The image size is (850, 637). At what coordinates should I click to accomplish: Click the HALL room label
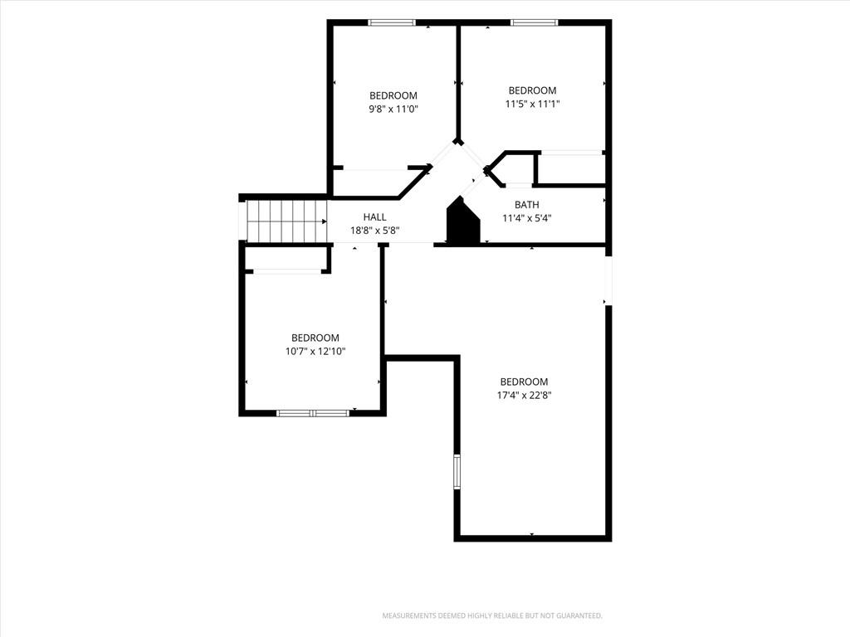click(374, 217)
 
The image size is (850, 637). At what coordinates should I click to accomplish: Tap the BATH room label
click(527, 205)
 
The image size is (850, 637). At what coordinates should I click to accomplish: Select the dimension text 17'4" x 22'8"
click(525, 396)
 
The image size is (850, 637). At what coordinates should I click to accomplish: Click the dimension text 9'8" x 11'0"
click(393, 109)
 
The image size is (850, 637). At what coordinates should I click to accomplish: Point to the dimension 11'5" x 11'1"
click(532, 104)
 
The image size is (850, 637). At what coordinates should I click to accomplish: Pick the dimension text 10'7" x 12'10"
click(315, 352)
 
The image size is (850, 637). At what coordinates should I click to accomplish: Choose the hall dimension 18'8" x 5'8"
click(374, 231)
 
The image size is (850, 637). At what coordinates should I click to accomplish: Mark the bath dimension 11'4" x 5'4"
click(527, 218)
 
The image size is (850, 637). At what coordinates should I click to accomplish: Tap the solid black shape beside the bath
click(463, 221)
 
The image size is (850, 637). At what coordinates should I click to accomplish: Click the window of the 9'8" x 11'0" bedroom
click(392, 22)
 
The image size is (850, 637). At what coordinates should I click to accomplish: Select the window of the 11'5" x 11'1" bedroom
click(534, 22)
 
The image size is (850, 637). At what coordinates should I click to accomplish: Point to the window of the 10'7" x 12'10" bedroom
click(313, 413)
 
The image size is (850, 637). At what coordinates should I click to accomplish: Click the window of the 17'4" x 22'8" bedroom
click(457, 472)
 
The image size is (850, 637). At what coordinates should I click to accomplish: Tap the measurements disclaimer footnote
click(492, 616)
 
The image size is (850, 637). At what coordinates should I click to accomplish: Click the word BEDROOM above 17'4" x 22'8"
click(525, 382)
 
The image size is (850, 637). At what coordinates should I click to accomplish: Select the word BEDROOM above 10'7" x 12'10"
click(315, 338)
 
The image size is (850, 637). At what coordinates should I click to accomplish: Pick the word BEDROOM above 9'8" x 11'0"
click(393, 96)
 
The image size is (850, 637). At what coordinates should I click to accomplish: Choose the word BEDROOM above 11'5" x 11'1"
click(532, 90)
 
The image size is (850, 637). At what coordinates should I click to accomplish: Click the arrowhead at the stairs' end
click(325, 221)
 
